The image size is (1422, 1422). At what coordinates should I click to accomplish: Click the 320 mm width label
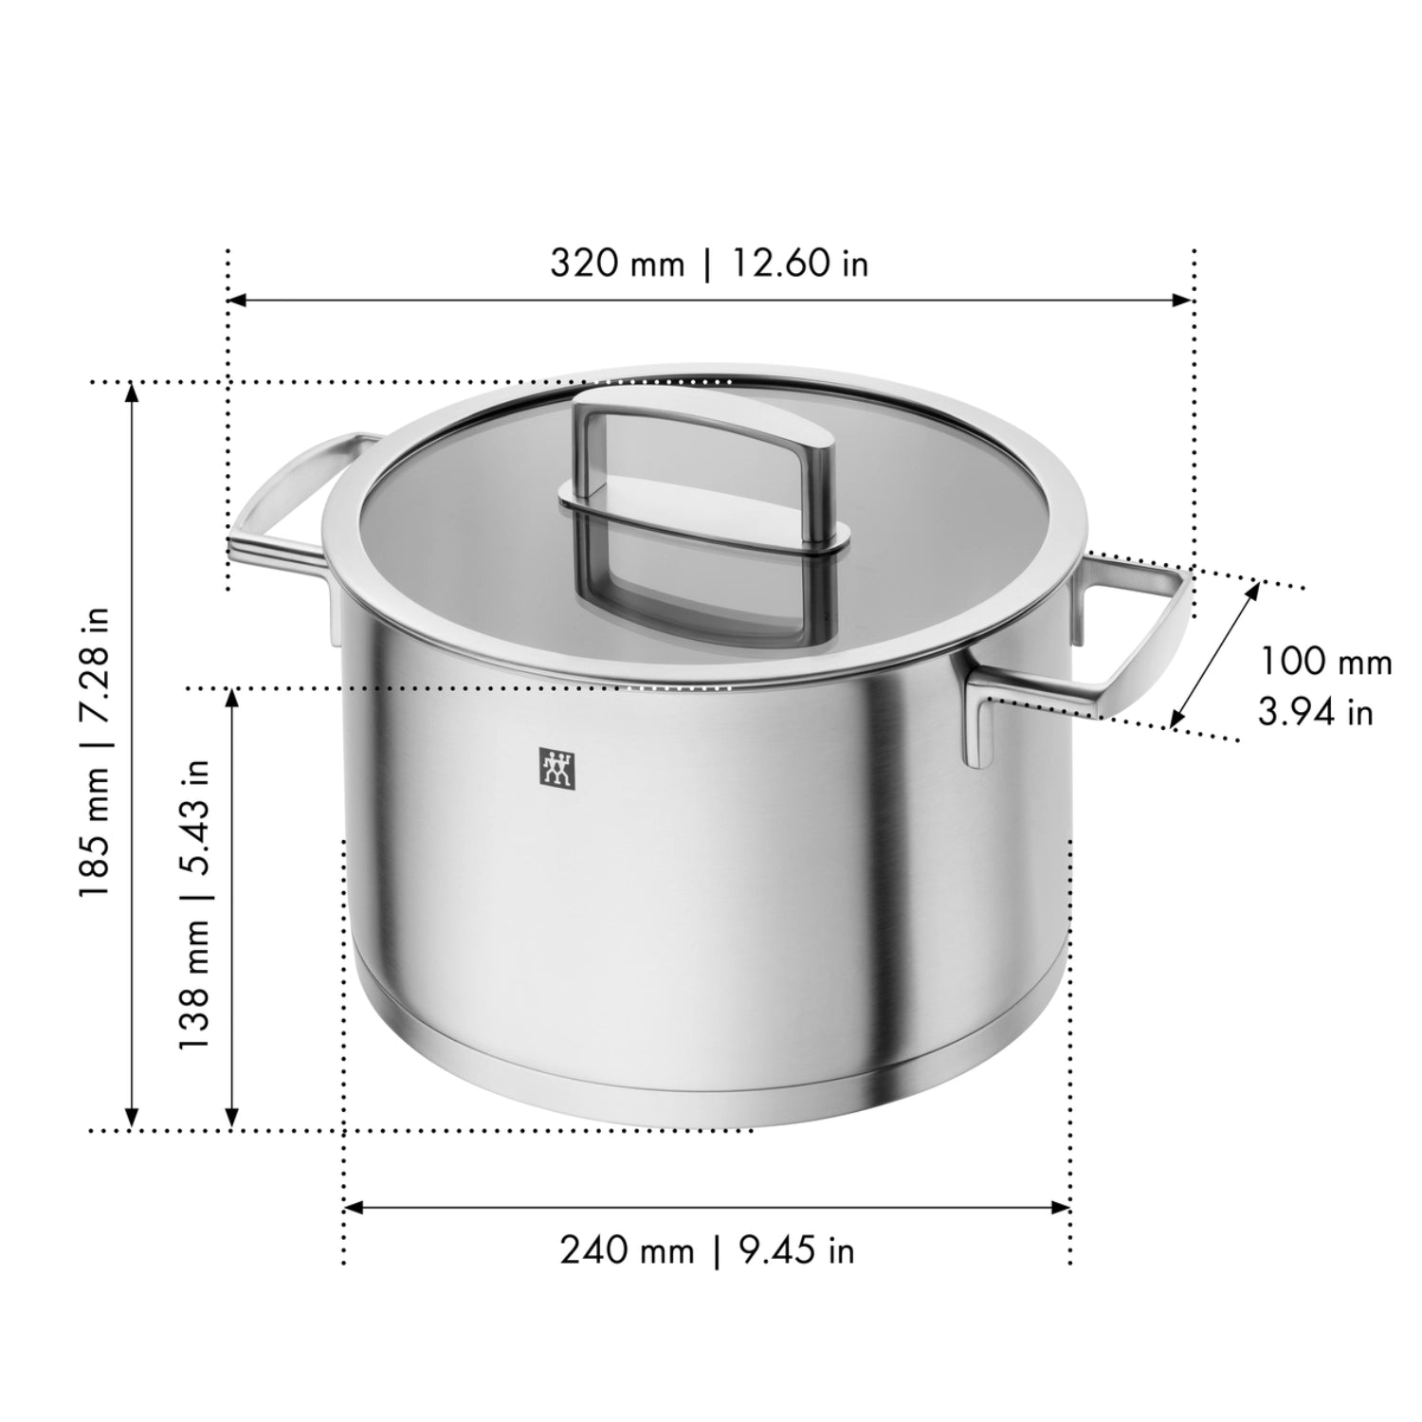[x=616, y=263]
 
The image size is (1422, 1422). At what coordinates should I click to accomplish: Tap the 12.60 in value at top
[x=799, y=263]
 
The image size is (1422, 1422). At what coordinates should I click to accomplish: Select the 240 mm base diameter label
[x=626, y=1250]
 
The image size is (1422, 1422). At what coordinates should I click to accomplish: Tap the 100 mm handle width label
[x=1324, y=661]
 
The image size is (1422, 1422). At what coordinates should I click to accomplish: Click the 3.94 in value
[x=1315, y=711]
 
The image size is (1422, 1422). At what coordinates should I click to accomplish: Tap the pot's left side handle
[x=284, y=512]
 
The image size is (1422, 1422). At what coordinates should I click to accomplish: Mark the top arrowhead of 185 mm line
[x=133, y=392]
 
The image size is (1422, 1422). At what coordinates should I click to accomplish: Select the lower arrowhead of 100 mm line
[x=1176, y=720]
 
